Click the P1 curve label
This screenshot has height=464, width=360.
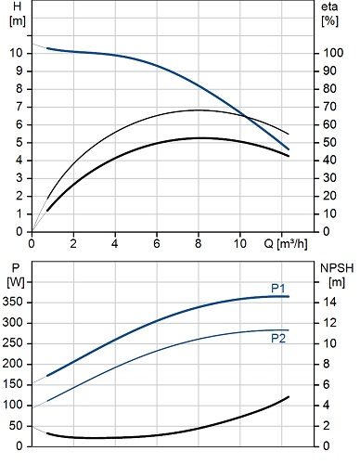(277, 289)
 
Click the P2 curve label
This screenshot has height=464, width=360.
(278, 339)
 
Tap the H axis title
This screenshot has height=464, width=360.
(18, 6)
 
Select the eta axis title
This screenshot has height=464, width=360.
(329, 6)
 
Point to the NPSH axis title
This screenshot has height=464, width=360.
(337, 268)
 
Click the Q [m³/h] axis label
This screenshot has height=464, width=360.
(286, 244)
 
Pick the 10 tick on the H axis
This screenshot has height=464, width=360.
(16, 53)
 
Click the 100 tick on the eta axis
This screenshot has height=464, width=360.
(333, 53)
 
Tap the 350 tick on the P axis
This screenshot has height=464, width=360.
(13, 302)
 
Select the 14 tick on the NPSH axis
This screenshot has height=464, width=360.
(329, 302)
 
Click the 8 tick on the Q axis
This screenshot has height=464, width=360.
(199, 244)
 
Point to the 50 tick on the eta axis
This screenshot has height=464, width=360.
(329, 142)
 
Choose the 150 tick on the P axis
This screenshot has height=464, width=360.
(13, 384)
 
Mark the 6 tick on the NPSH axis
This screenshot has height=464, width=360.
(327, 384)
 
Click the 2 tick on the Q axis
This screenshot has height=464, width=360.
(73, 244)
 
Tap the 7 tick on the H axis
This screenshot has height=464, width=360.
(19, 107)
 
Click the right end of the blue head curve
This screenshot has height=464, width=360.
(289, 149)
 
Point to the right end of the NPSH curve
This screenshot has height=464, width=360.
(289, 396)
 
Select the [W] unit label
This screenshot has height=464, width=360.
(16, 282)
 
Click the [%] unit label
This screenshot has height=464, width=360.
(330, 21)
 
